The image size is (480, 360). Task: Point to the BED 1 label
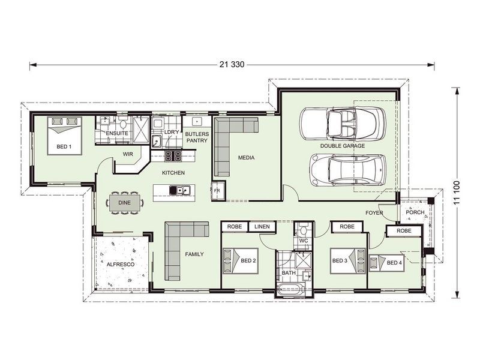click(64, 146)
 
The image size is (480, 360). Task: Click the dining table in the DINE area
click(124, 203)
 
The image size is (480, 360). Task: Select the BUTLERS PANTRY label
click(196, 137)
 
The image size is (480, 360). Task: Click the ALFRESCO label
click(120, 264)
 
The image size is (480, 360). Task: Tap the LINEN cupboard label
click(262, 227)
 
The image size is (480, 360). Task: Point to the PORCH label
click(415, 212)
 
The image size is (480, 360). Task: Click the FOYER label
click(375, 212)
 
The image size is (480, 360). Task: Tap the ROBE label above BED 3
click(346, 227)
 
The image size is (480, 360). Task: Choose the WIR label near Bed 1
click(128, 154)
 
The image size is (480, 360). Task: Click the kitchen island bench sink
click(180, 191)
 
